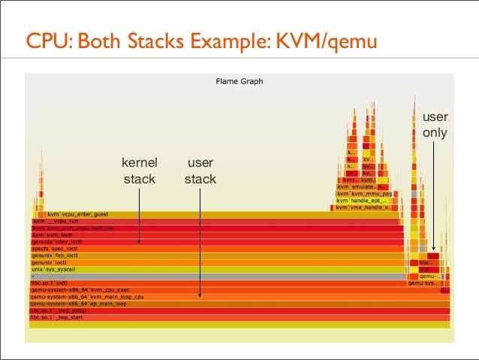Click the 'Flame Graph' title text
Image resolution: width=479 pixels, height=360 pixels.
pyautogui.click(x=239, y=81)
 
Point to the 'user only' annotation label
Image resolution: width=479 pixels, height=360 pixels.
pyautogui.click(x=435, y=126)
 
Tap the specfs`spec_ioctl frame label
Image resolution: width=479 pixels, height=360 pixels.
pyautogui.click(x=55, y=248)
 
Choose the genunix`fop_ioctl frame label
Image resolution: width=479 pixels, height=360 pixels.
pyautogui.click(x=54, y=256)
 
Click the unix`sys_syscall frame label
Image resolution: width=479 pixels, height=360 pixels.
pyautogui.click(x=53, y=269)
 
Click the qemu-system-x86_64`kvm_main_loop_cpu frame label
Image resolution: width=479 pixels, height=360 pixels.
pyautogui.click(x=86, y=297)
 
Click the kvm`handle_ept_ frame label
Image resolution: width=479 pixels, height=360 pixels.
pyautogui.click(x=361, y=201)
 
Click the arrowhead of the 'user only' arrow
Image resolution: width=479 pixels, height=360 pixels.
pyautogui.click(x=433, y=248)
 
